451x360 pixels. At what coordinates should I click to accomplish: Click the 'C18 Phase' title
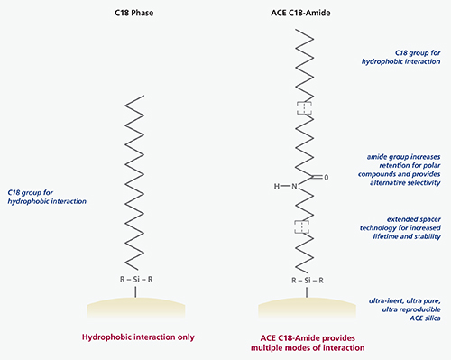(x=134, y=13)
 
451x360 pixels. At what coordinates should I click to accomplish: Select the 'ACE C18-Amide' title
(x=300, y=13)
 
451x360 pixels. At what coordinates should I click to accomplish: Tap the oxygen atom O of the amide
(x=327, y=178)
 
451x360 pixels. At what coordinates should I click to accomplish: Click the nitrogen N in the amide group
(x=294, y=187)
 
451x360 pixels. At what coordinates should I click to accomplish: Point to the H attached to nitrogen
(x=277, y=187)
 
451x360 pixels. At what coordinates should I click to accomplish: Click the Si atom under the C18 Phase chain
(x=136, y=280)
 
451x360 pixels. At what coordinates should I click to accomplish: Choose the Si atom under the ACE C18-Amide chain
(x=308, y=281)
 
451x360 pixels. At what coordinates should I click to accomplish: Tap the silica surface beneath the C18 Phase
(x=136, y=308)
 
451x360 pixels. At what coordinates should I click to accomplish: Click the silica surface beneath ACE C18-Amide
(x=307, y=308)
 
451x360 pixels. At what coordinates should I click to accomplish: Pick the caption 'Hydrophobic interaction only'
(x=138, y=337)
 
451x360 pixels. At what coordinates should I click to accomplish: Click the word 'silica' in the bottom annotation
(x=431, y=318)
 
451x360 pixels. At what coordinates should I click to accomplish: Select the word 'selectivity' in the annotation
(x=422, y=183)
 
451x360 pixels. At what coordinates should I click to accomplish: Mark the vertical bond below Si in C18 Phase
(x=135, y=291)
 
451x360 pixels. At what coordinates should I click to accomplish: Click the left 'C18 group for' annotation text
(x=30, y=193)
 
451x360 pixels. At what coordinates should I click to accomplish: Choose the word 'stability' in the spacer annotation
(x=428, y=236)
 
